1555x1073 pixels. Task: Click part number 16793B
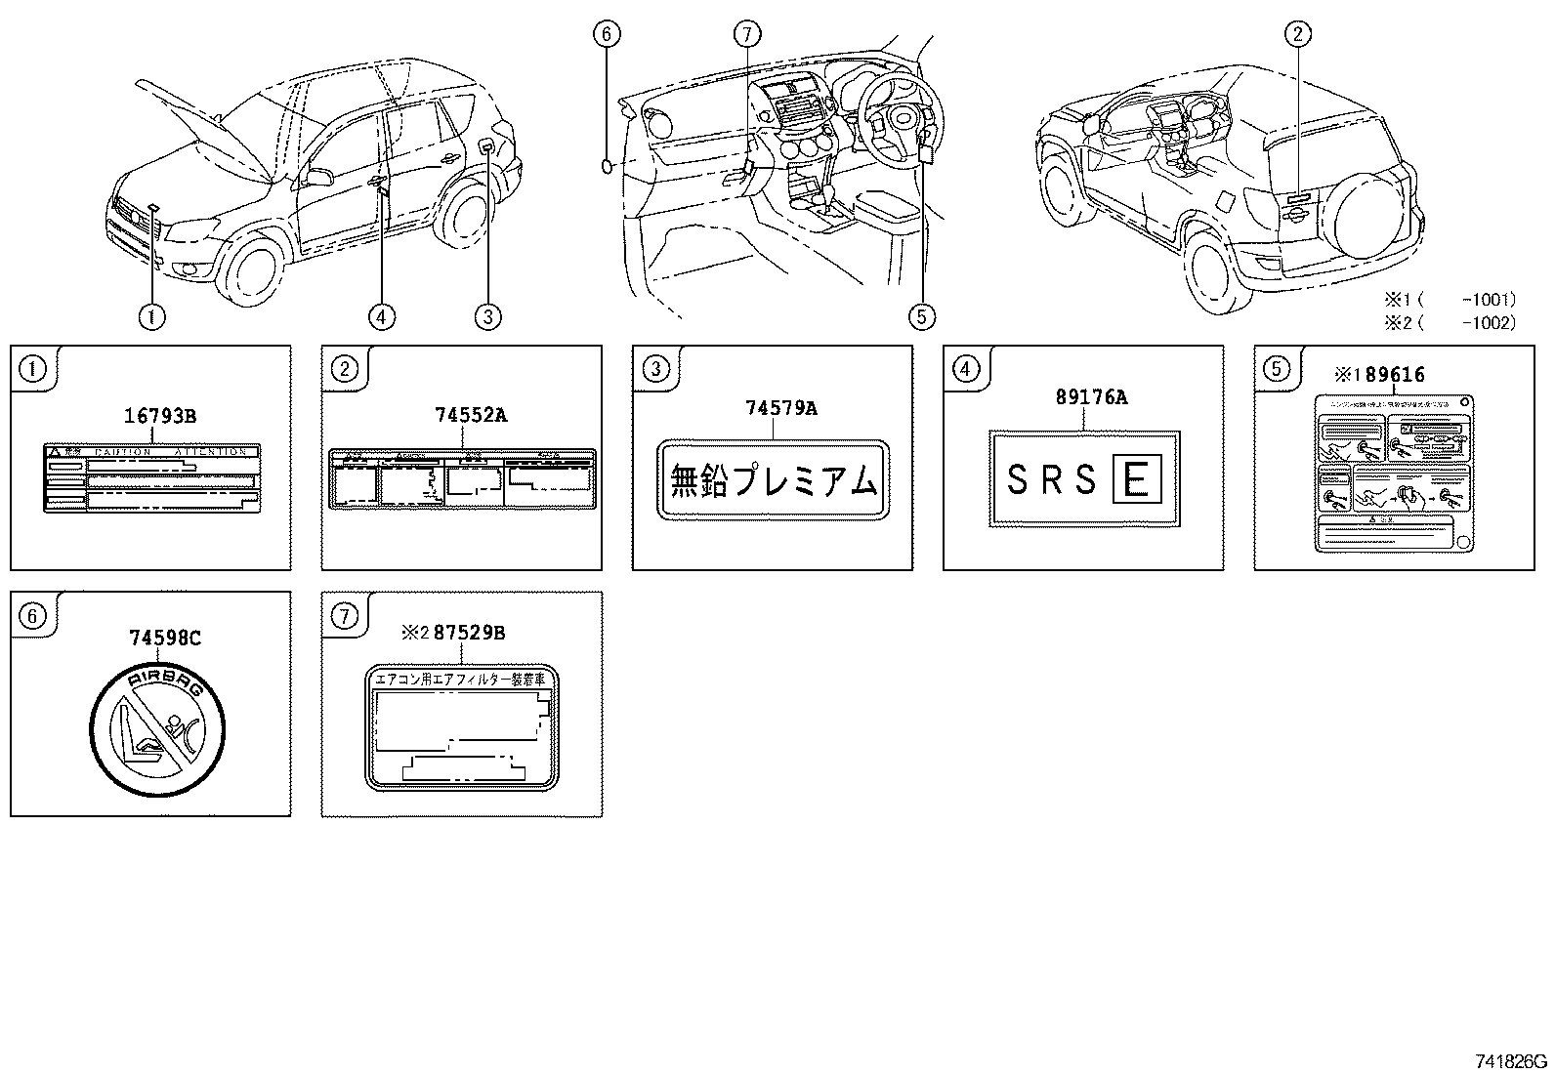(160, 416)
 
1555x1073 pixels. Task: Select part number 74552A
(471, 414)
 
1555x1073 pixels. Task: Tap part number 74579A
(780, 408)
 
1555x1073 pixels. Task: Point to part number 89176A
(1091, 396)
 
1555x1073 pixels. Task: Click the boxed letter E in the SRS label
(1134, 480)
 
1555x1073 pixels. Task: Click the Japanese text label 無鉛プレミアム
(775, 480)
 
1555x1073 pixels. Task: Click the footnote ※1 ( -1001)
(1448, 299)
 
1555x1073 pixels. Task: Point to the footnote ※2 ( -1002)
(1448, 322)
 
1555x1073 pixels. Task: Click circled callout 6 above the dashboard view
(606, 34)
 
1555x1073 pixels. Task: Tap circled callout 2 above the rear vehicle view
(1296, 36)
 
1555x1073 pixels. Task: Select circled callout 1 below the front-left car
(151, 315)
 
